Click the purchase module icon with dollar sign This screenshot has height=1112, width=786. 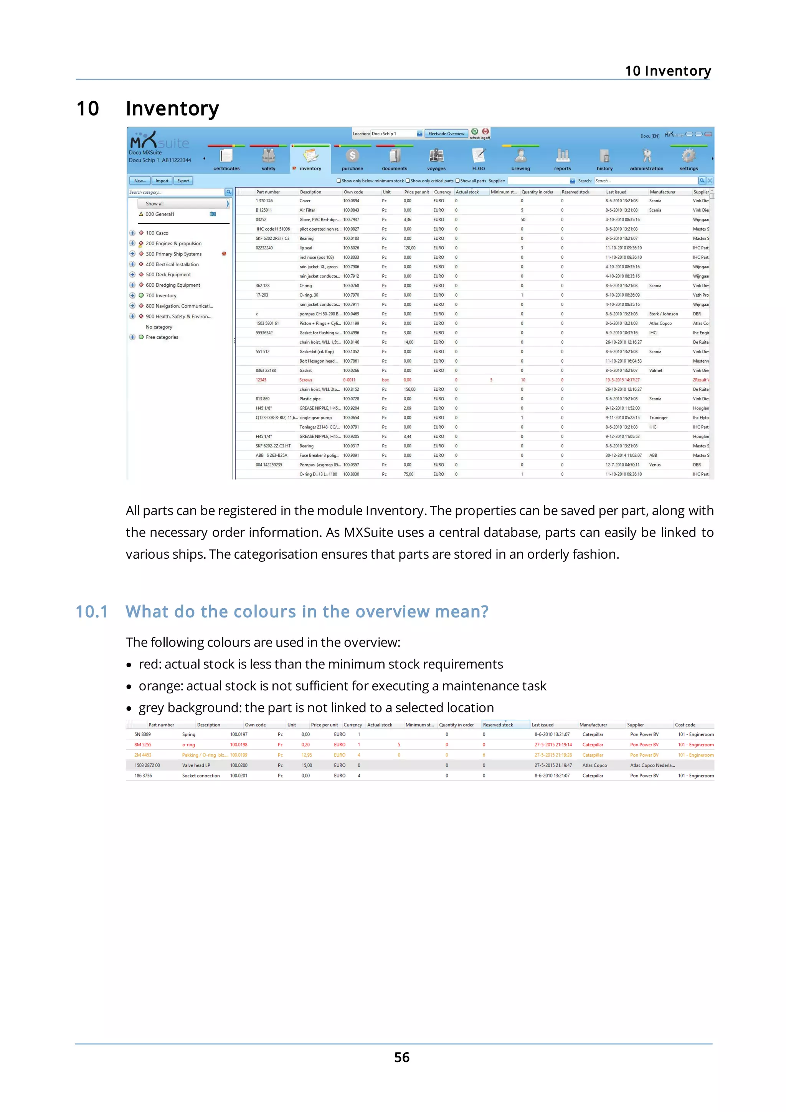(x=352, y=156)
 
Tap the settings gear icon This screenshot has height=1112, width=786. (x=688, y=156)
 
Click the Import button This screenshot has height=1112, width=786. (x=162, y=181)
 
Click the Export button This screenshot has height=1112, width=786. (x=183, y=181)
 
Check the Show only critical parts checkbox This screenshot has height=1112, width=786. (x=408, y=181)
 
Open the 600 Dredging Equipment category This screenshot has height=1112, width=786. (x=172, y=285)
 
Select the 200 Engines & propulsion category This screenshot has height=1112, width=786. (x=173, y=244)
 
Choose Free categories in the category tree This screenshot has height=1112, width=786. (x=162, y=337)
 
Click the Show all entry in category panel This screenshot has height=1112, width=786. (x=155, y=204)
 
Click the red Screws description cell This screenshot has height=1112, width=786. (x=305, y=380)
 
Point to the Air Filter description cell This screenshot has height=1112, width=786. (x=307, y=210)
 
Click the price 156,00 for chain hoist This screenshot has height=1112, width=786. (x=409, y=389)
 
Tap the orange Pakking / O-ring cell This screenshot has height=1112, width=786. (x=205, y=755)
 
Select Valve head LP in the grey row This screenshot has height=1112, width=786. (x=196, y=765)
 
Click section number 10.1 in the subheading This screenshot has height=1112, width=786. (x=91, y=612)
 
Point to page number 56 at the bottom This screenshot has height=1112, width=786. (x=401, y=1057)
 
